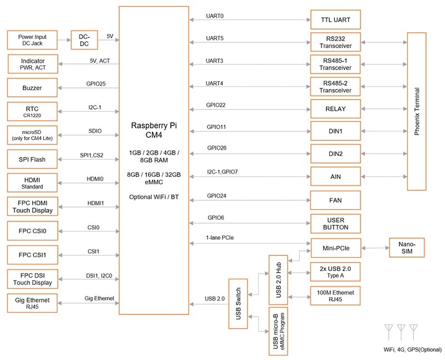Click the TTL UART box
(335, 19)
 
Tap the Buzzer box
(32, 87)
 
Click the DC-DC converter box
(84, 40)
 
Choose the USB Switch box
(238, 303)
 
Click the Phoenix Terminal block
(417, 112)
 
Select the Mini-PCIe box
(335, 245)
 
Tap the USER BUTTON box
(335, 223)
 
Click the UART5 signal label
(215, 39)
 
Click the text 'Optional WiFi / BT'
(154, 197)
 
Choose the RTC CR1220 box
(32, 111)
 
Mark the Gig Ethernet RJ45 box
(32, 303)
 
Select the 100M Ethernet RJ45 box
(335, 295)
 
